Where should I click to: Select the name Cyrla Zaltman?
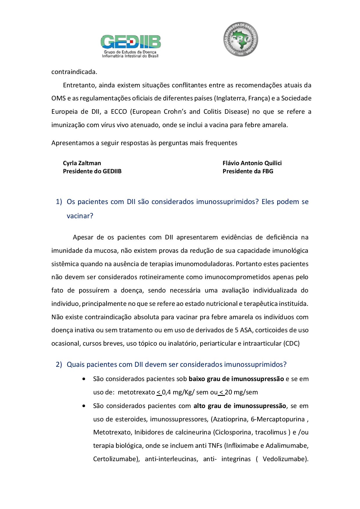point(82,163)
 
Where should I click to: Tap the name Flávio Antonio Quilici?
point(252,163)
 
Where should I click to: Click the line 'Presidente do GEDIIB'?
point(92,171)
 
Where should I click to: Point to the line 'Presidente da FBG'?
point(248,171)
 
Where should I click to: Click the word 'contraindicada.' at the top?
point(74,72)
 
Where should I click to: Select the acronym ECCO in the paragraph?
point(119,112)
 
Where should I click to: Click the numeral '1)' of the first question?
point(59,202)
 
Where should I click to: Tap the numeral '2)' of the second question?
point(59,364)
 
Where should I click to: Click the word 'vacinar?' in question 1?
point(80,216)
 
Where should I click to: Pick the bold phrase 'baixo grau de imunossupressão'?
point(236,379)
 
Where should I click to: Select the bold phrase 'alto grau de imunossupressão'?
point(240,406)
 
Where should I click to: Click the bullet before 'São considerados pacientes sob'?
point(84,379)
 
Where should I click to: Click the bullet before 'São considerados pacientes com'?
point(84,406)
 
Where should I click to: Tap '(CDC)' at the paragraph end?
point(291,344)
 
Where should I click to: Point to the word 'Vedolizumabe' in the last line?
point(284,459)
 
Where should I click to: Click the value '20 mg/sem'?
point(241,392)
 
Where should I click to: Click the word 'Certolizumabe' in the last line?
point(115,459)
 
